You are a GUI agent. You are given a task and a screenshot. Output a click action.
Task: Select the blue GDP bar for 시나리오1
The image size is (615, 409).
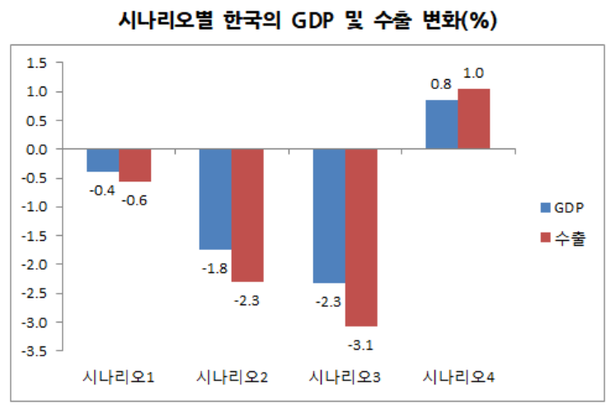[x=102, y=160]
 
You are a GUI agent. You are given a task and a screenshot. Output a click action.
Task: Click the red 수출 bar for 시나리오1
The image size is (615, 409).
[x=134, y=165]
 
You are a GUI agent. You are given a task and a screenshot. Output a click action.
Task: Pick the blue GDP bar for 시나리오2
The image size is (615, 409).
[x=215, y=199]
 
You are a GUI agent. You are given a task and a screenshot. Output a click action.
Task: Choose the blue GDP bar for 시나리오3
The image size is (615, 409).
[x=329, y=216]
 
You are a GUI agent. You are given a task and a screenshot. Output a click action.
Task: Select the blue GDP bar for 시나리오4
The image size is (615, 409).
[x=442, y=125]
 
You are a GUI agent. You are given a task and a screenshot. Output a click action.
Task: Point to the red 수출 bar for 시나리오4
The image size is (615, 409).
[x=474, y=119]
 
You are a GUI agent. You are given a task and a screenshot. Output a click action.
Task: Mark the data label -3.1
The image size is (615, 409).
[x=361, y=344]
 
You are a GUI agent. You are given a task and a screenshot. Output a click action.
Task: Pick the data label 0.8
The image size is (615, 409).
[x=440, y=84]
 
